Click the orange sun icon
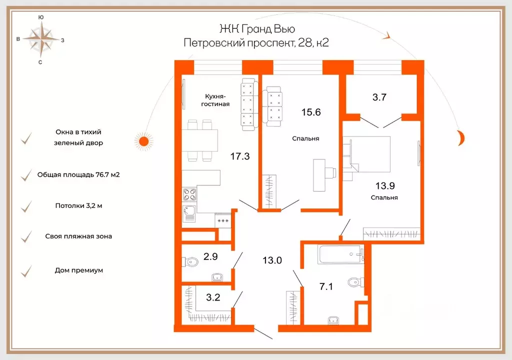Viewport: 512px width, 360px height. coord(143,141)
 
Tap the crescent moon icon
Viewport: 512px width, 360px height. coord(461,137)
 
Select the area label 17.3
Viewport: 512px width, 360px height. coord(240,156)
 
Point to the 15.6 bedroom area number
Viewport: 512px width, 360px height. coord(311,112)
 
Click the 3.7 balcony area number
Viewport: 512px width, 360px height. coord(379,97)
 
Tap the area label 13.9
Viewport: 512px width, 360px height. coord(385,185)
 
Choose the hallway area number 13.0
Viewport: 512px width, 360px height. coord(272,260)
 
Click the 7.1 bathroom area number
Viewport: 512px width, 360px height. coord(326,286)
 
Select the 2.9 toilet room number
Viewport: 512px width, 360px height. coord(210,256)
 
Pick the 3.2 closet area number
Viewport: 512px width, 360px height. coord(213,297)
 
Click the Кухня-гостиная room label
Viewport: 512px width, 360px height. coord(215,100)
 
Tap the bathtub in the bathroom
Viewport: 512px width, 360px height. coord(341,254)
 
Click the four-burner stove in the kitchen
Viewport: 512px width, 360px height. coord(189,194)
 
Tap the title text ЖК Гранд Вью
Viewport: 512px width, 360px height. coord(257,28)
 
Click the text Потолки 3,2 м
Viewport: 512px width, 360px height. coord(78,206)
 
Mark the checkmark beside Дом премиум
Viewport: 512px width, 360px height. coord(26,271)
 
